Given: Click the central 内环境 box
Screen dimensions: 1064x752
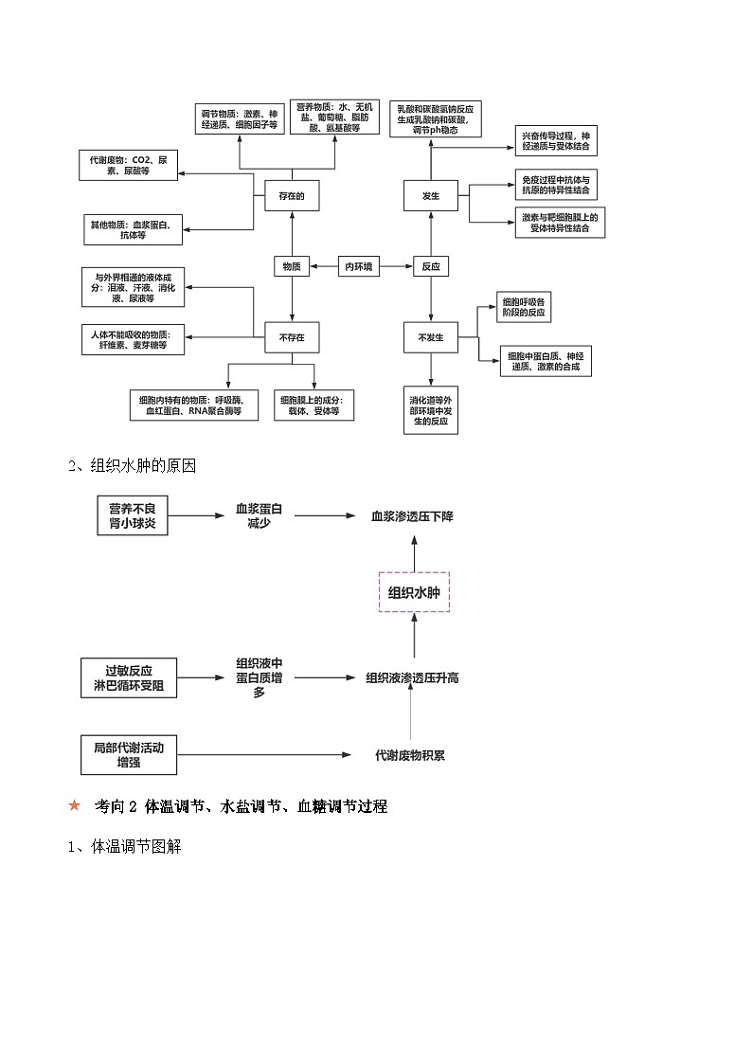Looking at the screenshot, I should [360, 267].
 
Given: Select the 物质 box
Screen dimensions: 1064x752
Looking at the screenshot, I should [292, 267].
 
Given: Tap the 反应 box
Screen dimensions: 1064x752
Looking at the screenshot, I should [431, 267].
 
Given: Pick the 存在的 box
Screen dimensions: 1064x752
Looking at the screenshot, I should [292, 196].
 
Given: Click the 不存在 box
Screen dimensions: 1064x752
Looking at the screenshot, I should [292, 337].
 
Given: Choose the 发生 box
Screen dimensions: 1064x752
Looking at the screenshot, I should [431, 196].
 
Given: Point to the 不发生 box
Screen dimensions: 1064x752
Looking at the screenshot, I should [431, 337].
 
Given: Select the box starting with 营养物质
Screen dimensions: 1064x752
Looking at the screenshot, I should [334, 117].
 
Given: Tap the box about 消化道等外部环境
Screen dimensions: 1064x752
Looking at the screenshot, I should [431, 409].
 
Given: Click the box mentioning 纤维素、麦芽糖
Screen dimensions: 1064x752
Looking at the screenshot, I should [133, 340].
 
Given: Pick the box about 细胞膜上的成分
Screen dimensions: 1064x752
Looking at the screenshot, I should [313, 406].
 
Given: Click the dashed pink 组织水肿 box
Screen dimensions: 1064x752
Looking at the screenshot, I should [414, 592].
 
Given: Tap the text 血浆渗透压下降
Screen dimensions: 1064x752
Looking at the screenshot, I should [413, 516].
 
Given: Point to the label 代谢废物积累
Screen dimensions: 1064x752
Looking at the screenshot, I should [410, 755].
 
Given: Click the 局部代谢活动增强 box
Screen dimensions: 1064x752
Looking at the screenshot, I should [129, 754].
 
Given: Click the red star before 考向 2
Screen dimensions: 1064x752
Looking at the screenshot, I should [75, 806].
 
